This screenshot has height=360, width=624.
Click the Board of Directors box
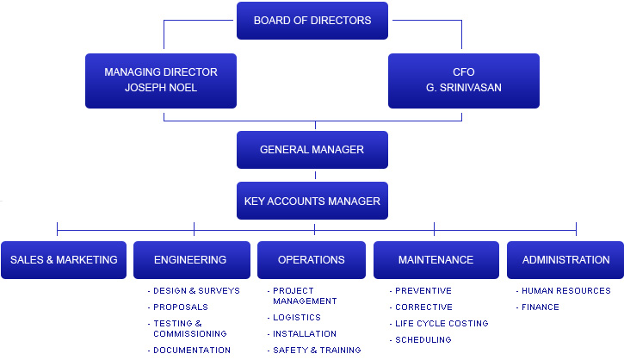point(312,21)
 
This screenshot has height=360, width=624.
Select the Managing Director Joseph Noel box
point(161,80)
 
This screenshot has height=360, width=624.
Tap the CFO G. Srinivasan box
point(463,80)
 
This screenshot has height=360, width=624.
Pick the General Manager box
point(312,150)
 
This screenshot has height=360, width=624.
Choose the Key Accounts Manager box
point(312,202)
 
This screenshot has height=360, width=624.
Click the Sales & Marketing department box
point(64,260)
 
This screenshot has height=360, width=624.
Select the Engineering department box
point(190,260)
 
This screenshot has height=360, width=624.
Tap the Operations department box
point(312,260)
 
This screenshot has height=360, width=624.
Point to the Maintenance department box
point(436,260)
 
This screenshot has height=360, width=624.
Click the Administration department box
point(565,260)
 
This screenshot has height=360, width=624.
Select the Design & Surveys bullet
point(196,291)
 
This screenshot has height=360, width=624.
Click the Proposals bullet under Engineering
point(181,307)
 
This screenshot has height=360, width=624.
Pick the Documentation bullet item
point(192,351)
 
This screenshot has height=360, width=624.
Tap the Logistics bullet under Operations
point(297,318)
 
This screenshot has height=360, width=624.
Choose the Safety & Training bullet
point(317,351)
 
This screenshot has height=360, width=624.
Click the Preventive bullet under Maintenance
point(423,291)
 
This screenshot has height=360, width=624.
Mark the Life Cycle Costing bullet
point(441,324)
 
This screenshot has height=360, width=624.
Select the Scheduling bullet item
point(423,340)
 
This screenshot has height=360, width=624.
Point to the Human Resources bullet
point(565,291)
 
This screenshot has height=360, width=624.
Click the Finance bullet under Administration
point(540,307)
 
